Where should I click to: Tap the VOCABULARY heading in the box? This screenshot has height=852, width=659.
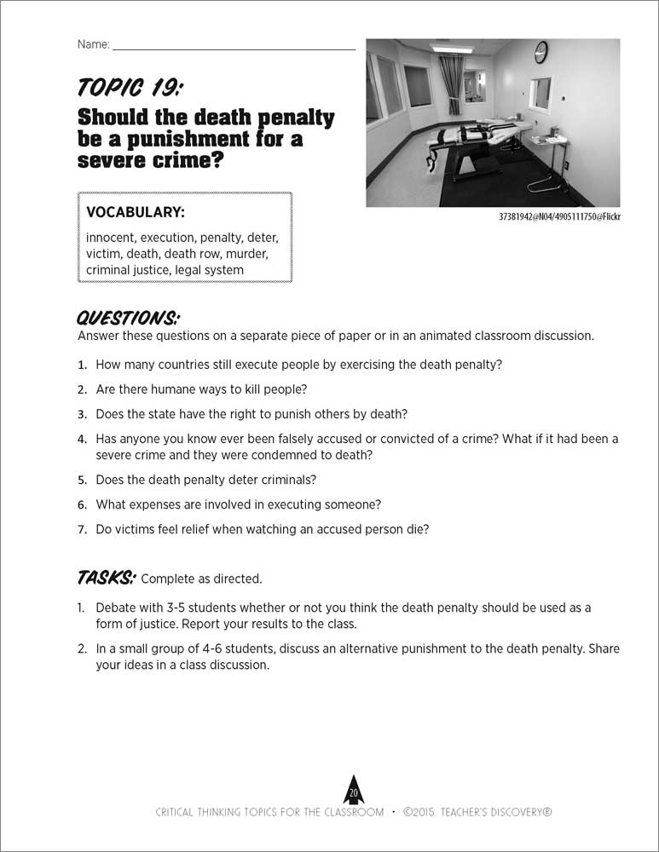136,211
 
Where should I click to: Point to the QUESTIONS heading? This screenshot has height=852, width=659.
128,318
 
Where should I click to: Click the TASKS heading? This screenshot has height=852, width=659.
106,578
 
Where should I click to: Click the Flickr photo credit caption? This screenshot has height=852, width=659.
559,216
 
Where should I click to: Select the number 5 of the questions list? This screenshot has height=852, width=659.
83,480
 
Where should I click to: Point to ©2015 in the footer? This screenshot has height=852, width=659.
424,812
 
